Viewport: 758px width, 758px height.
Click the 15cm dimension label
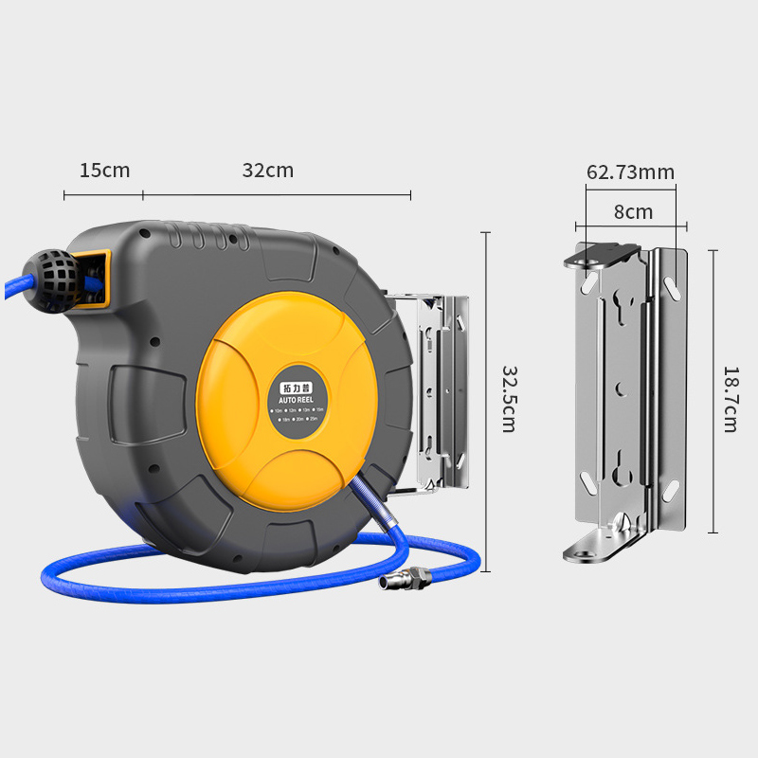coord(104,171)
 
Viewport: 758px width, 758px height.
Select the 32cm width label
coord(268,171)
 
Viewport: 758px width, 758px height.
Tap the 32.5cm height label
coord(508,399)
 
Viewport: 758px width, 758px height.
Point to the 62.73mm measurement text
coord(630,172)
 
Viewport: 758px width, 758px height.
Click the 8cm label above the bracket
coord(633,212)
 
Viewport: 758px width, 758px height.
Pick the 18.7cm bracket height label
coord(730,399)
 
